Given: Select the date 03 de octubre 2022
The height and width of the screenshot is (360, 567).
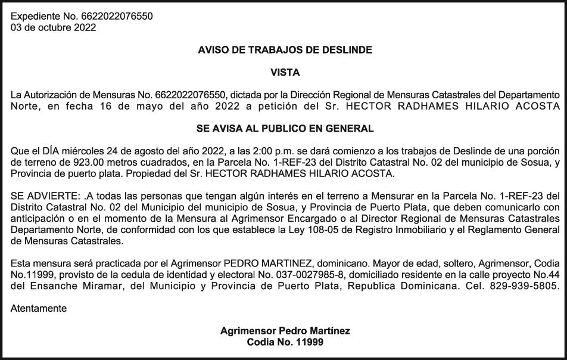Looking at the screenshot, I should coord(53,27).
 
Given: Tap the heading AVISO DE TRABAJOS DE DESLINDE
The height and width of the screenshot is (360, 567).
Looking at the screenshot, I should coord(285,51).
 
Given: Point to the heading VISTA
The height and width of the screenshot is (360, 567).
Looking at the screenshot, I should coord(285,73).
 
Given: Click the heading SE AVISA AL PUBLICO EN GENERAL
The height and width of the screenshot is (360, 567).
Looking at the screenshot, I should coord(285,128).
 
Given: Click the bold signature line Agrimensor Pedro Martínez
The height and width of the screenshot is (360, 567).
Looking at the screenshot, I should coord(285,331).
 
